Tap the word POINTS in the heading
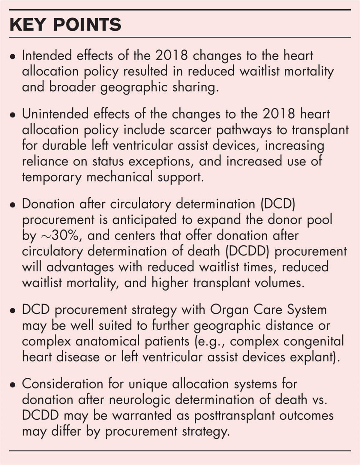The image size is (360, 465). click(87, 25)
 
